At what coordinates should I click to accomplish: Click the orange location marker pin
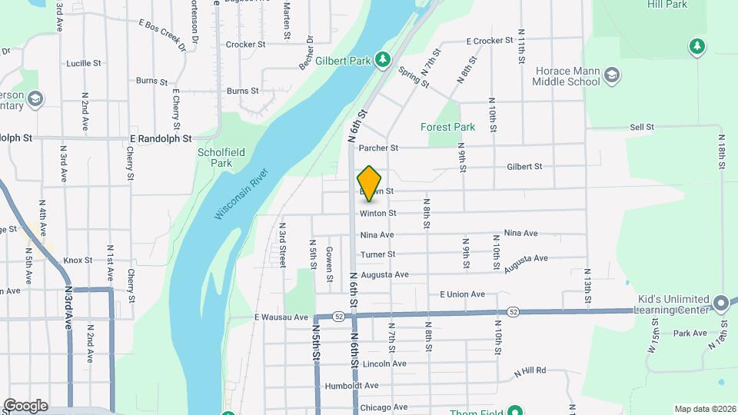click(370, 183)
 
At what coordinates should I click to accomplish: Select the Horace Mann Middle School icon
click(612, 75)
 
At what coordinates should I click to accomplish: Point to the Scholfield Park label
click(221, 158)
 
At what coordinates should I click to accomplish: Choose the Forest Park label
click(447, 127)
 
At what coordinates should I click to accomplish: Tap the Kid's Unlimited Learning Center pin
click(720, 303)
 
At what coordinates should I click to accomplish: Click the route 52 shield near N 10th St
click(512, 312)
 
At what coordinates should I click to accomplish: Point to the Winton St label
click(378, 213)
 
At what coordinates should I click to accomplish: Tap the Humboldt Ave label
click(351, 386)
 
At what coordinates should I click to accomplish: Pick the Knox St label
click(78, 261)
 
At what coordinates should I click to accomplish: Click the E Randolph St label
click(160, 138)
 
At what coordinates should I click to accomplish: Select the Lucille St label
click(78, 63)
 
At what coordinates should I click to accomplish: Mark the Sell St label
click(641, 127)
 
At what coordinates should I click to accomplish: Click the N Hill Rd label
click(530, 370)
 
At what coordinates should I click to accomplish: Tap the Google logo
click(25, 406)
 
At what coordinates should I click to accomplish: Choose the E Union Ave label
click(462, 294)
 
